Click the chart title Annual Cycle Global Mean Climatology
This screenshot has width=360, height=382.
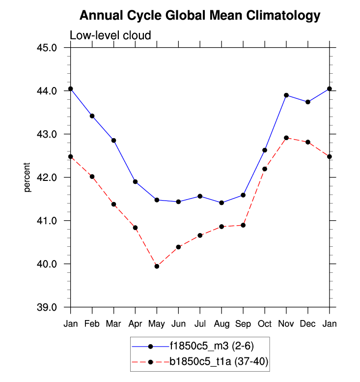tap(199, 16)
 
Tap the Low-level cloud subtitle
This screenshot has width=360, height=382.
tap(110, 35)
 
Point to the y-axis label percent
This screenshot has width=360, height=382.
tap(28, 177)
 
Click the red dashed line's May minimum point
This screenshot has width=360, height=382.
tap(157, 266)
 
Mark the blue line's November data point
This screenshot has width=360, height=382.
tap(286, 95)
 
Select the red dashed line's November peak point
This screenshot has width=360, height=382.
tap(286, 138)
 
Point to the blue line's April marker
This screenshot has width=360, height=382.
tap(135, 181)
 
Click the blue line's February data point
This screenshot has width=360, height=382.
tap(92, 116)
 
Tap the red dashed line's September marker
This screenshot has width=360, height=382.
tap(243, 225)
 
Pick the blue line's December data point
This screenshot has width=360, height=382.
tap(308, 102)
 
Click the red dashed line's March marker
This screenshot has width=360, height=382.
tap(113, 204)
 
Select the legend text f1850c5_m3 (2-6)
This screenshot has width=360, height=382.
tap(212, 346)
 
